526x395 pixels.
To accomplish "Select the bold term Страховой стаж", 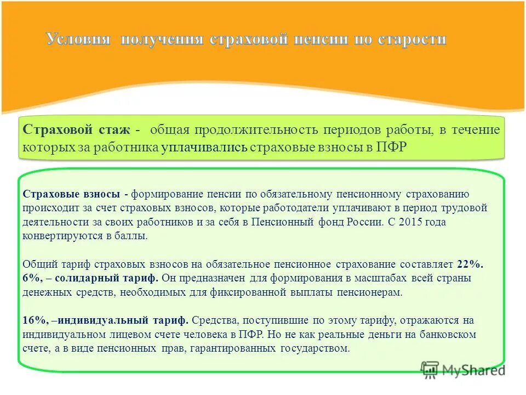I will tap(77, 131).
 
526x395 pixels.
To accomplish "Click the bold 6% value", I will tap(32, 278).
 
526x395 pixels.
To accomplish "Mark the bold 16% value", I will tap(35, 320).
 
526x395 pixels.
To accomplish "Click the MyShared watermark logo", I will tap(463, 370).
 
